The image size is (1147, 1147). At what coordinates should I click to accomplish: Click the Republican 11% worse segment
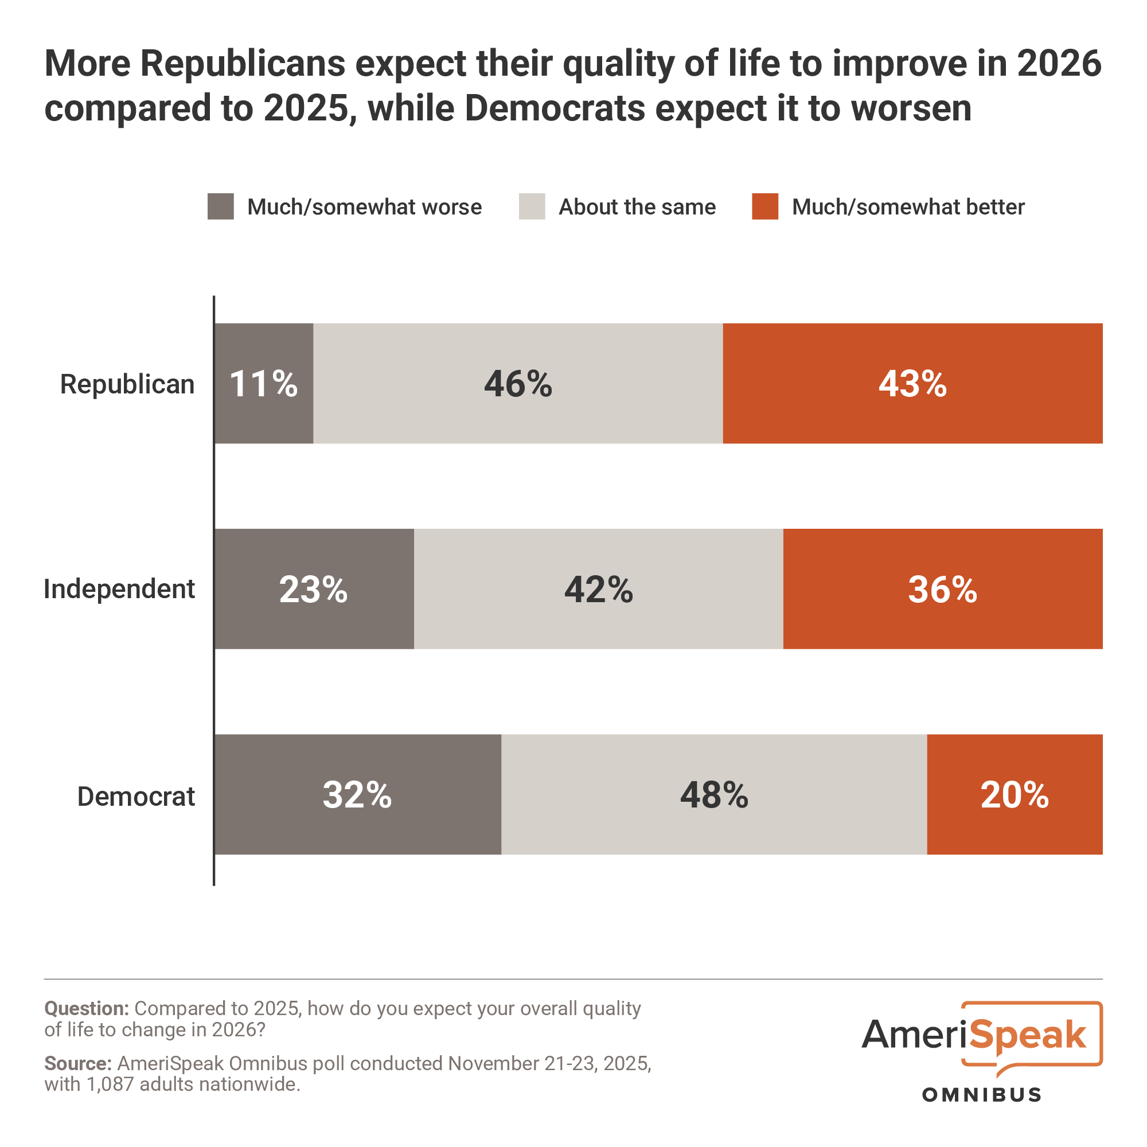pos(264,384)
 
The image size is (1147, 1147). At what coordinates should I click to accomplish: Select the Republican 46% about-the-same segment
pos(518,384)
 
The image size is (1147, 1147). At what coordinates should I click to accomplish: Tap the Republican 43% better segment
pos(912,384)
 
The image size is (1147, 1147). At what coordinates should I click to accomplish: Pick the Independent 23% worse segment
pos(314,589)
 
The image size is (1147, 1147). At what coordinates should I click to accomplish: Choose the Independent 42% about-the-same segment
pos(598,589)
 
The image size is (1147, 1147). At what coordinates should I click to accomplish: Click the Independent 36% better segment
pos(943,589)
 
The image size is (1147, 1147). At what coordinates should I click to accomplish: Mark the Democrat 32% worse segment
pos(357,794)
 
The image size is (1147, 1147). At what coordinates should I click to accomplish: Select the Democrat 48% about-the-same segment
pos(714,794)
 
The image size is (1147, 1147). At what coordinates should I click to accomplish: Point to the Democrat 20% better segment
pos(1015,794)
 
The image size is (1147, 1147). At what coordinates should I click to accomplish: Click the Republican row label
pos(127,384)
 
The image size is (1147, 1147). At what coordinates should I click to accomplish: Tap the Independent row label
pos(119,590)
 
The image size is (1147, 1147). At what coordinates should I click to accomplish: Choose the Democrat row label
pos(136,796)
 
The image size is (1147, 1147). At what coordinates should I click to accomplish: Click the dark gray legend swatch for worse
pos(220,206)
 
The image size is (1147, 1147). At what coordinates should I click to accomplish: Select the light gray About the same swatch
pos(532,206)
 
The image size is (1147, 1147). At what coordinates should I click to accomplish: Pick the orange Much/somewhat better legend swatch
pos(764,206)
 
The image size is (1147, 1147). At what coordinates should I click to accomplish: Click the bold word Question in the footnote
pos(86,1009)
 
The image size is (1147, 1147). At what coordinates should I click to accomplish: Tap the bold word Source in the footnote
pos(78,1063)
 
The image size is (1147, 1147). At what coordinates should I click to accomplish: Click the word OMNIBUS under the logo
pos(981,1095)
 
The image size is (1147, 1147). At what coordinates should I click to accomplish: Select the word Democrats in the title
pos(555,108)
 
